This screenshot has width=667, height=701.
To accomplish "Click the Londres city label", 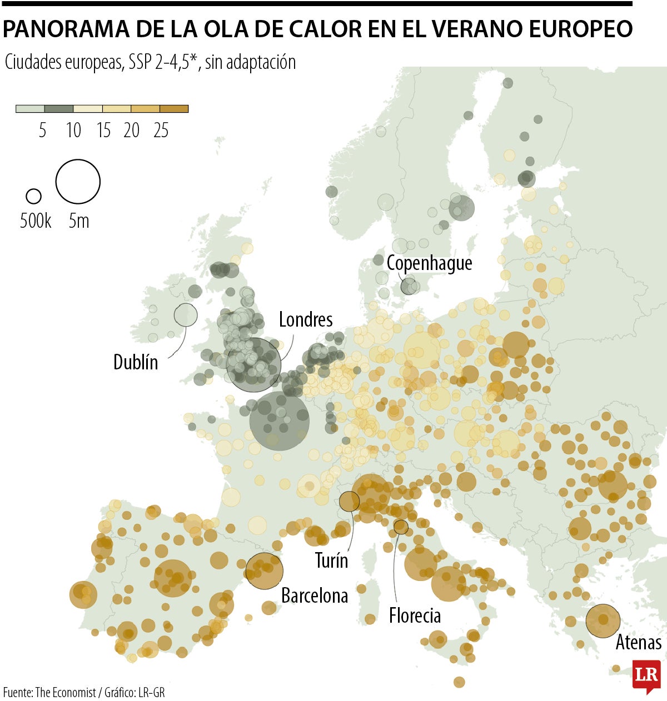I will coord(306,319).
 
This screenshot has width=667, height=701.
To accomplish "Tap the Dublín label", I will coord(136,362).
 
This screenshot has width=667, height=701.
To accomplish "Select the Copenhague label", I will coord(429,263).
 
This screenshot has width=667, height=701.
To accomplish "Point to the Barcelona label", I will coord(315,595).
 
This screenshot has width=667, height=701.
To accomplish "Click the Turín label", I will coord(331,560).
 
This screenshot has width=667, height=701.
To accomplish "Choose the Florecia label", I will coord(415,615).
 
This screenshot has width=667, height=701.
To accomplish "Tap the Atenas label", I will coord(638,643).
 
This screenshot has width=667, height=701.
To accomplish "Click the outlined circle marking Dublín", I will coord(186,315).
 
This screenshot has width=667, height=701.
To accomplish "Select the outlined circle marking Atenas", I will coord(603,620).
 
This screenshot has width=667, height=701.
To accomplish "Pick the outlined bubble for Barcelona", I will coord(264,570).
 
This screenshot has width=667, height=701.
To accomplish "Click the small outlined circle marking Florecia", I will coord(401,527).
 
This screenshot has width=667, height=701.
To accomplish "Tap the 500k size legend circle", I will coord(34,196).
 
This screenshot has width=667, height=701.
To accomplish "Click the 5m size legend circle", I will coord(78,182).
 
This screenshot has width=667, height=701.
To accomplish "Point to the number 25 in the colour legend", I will coord(161,131).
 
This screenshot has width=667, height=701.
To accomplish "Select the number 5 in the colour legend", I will coord(43,131).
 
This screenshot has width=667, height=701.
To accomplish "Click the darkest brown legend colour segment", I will coord(174,109).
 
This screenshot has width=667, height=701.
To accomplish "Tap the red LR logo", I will coord(646,676).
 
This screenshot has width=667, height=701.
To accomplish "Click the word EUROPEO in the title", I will coord(580,29).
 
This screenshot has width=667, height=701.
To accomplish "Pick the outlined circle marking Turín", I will coord(349,501).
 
